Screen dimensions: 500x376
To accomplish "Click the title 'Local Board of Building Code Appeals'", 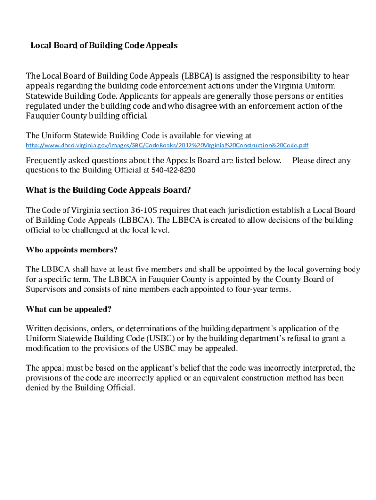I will tap(104, 45).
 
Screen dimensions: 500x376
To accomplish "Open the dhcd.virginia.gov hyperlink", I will tap(167, 146).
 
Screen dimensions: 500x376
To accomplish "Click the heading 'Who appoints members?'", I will tap(71, 250).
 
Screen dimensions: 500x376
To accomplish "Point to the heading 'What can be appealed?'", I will tap(68, 309).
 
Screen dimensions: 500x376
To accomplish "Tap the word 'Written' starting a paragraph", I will tap(41, 329).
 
